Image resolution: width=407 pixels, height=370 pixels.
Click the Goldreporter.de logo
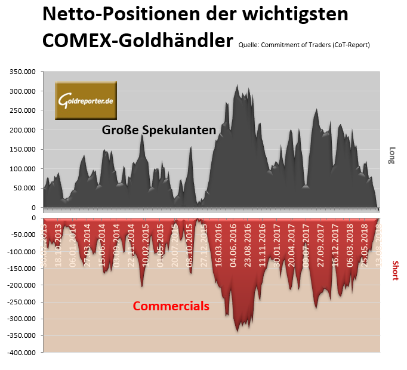pos(87,100)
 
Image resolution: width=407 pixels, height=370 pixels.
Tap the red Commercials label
pos(171,306)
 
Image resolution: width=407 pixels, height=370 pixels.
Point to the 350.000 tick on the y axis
pos(24,72)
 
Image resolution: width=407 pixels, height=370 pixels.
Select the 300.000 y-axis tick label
pos(24,91)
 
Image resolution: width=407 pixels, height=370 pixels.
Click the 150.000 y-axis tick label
pos(24,149)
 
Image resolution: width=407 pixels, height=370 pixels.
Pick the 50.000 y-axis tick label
pos(26,188)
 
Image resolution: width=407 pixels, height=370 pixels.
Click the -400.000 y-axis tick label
pos(23,352)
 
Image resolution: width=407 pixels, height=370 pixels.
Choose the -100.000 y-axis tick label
pos(23,251)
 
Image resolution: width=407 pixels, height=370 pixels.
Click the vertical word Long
pos(392,155)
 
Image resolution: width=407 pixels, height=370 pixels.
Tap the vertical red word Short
pos(394,270)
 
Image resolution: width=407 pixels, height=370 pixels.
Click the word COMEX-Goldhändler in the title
pos(137,41)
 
